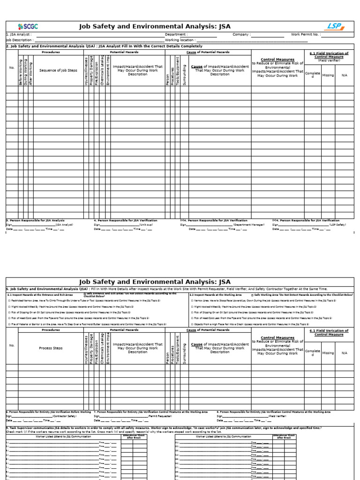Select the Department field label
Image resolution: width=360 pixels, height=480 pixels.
[176, 35]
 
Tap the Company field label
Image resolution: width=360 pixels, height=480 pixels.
[241, 35]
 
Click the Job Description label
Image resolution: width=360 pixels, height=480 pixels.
[20, 40]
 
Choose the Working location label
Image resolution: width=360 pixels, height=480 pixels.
[180, 40]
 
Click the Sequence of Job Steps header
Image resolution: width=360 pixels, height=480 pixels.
[58, 70]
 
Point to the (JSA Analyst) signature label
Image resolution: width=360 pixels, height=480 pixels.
[64, 225]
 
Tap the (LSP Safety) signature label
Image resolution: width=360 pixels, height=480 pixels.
[337, 225]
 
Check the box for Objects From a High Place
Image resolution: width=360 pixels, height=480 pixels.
[192, 323]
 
